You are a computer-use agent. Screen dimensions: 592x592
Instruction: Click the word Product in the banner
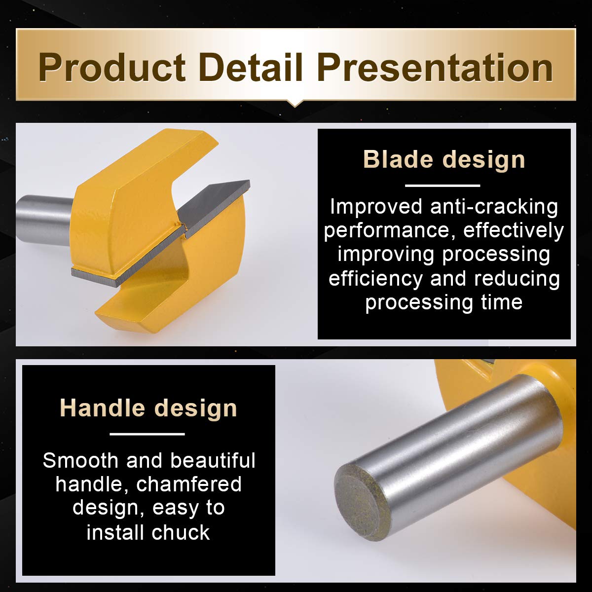(x=112, y=68)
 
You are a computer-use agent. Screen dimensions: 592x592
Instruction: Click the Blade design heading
(x=444, y=159)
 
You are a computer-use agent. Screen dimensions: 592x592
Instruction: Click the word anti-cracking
(x=494, y=207)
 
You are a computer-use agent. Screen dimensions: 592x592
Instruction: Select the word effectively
(x=514, y=231)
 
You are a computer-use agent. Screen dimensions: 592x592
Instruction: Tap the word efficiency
(x=376, y=279)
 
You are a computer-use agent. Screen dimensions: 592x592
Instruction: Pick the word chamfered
(x=188, y=484)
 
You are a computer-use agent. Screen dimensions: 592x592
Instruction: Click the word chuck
(x=181, y=532)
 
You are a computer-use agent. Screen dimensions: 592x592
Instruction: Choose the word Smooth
(x=80, y=460)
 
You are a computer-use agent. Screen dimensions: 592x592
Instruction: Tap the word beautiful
(x=213, y=460)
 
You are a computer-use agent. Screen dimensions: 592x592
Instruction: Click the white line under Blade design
(x=443, y=185)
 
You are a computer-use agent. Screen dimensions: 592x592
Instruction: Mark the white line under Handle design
(x=147, y=434)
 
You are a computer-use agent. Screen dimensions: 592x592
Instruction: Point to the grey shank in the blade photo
(x=45, y=220)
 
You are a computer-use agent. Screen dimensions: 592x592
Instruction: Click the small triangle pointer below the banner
(x=295, y=104)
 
